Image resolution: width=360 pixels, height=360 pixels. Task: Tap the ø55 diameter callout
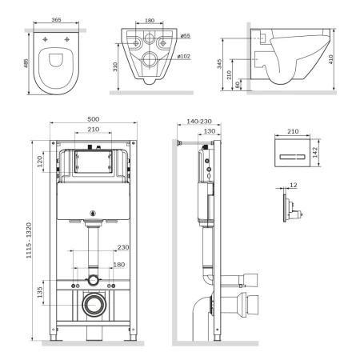183,37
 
